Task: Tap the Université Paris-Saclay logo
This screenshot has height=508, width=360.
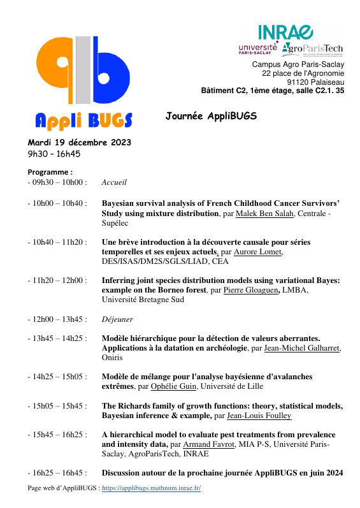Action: click(x=257, y=49)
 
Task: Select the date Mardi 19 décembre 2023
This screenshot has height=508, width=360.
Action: click(x=79, y=142)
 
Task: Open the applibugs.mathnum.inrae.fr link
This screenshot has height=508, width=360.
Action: click(x=151, y=488)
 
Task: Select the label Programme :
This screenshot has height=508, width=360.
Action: click(x=50, y=172)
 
